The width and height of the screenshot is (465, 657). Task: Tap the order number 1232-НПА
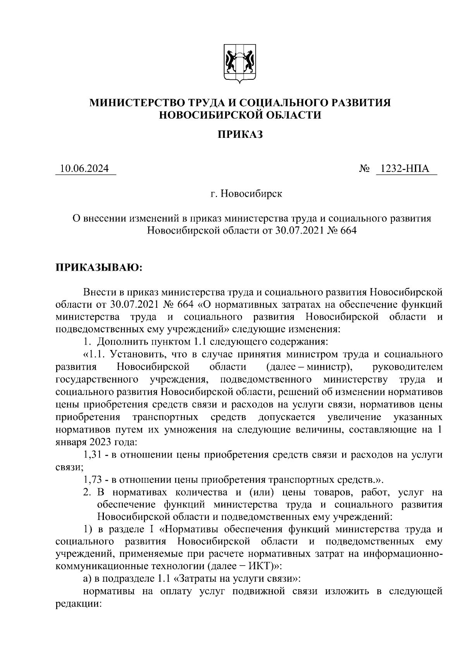pos(405,169)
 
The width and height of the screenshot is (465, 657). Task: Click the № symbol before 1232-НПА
pos(364,169)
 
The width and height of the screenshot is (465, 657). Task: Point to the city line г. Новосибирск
pos(246,194)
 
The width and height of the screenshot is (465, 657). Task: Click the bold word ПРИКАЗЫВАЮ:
pos(100,268)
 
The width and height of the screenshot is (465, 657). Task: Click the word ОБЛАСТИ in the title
pos(292,115)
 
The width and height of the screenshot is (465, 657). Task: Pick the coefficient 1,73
pos(93,480)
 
